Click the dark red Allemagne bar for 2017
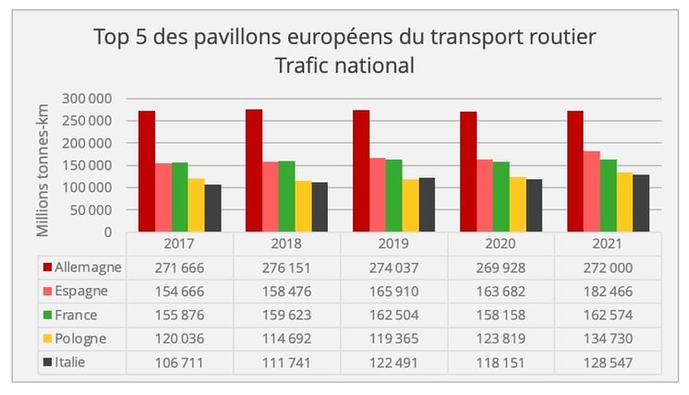coord(147,172)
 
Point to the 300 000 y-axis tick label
coord(87,99)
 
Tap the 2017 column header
coord(179,245)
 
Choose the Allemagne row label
coord(88,267)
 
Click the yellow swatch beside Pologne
coord(47,339)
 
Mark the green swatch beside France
coord(47,315)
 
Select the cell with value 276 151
coord(286,267)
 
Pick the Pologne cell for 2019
coord(393,339)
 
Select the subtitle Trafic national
coord(344,66)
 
